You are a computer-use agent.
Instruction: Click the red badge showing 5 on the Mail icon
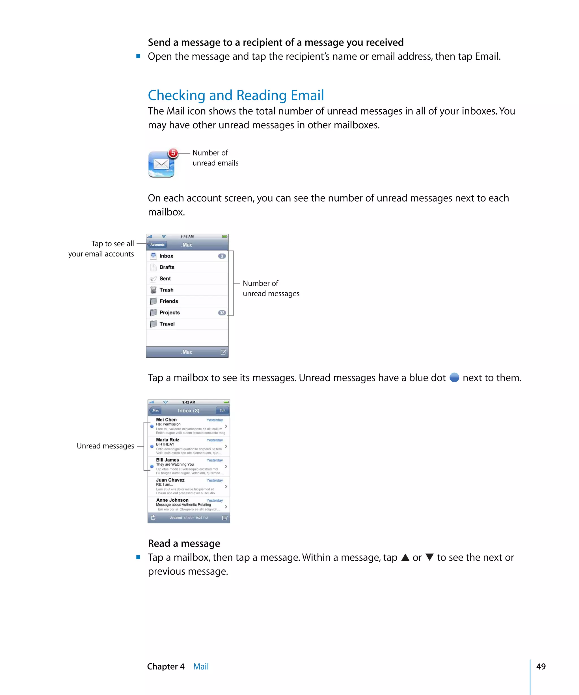coord(173,153)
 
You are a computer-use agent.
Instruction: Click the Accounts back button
coord(157,245)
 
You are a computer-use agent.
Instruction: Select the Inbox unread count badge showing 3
coord(222,256)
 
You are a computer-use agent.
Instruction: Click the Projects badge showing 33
coord(222,313)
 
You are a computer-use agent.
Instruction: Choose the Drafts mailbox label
coord(167,267)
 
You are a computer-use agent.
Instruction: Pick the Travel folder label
coord(167,324)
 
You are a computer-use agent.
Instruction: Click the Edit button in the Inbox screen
coord(222,410)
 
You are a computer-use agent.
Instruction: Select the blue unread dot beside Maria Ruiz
coord(152,446)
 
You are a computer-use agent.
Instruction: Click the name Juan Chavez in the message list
coord(170,480)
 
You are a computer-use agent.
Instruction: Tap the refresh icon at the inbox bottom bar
coord(153,518)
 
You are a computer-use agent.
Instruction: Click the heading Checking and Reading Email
coord(236,95)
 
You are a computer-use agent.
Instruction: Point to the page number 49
coord(541,666)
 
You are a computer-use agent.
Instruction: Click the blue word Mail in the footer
coord(201,666)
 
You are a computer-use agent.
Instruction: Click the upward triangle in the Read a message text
coord(405,557)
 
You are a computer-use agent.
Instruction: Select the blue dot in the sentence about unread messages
coord(454,377)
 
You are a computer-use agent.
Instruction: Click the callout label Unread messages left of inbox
coord(105,446)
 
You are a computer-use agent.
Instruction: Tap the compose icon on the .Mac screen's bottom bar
coord(223,352)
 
